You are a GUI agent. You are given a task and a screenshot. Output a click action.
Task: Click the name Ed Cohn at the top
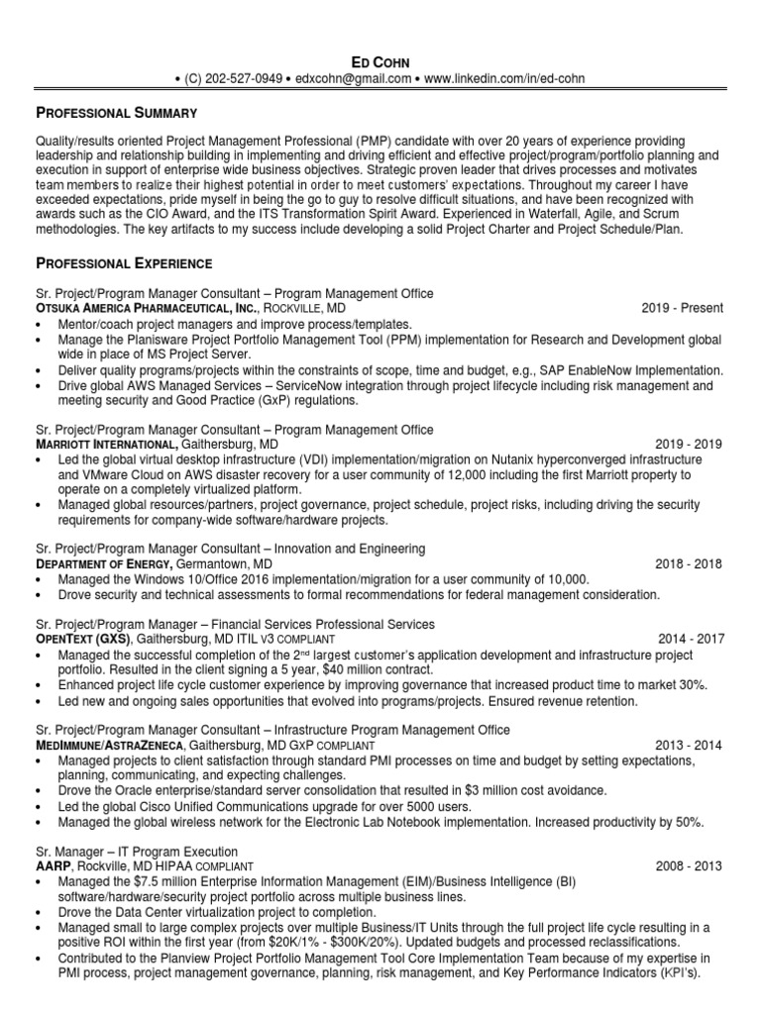tap(380, 61)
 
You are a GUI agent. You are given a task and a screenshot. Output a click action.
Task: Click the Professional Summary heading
tap(117, 113)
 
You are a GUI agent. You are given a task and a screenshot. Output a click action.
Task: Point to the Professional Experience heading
tap(123, 263)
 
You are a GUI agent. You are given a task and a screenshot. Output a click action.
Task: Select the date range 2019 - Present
tap(683, 308)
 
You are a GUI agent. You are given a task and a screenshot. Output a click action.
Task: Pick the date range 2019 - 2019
tap(689, 445)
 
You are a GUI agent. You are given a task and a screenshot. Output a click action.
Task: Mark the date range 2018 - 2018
tap(689, 564)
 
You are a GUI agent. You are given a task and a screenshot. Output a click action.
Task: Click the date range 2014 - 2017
tap(691, 640)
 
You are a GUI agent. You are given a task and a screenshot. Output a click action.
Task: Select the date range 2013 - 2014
tap(689, 745)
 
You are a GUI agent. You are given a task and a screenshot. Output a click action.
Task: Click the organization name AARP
tap(55, 866)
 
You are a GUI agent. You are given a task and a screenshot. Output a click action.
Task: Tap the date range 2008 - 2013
tap(689, 866)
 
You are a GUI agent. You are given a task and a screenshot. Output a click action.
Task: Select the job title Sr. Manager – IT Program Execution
tap(136, 852)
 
